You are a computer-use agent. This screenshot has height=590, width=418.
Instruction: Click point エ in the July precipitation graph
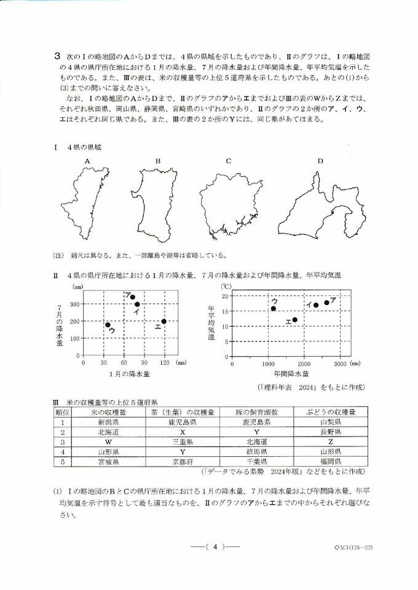(164, 321)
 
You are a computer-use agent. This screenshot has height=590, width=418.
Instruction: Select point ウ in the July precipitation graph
(108, 325)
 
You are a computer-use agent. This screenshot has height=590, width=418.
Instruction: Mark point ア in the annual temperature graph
(326, 302)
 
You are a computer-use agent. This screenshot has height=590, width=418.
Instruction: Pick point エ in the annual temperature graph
(294, 320)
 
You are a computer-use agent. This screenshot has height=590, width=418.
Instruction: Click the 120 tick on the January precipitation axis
(164, 362)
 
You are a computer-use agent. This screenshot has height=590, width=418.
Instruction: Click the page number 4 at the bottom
(208, 545)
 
